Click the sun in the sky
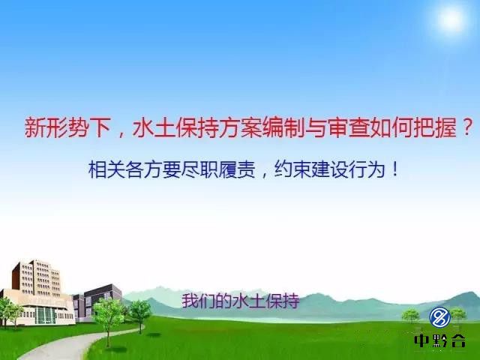451,19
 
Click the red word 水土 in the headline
154,127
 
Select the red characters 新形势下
67,127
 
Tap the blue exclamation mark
395,169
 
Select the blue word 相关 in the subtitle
106,169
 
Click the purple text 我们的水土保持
241,301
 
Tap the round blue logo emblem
439,317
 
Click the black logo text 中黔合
440,340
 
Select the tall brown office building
36,277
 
